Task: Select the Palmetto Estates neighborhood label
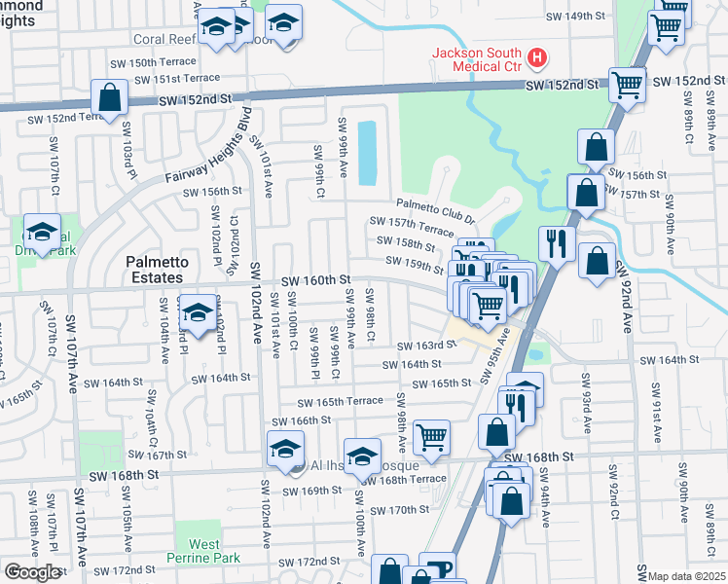pyautogui.click(x=155, y=270)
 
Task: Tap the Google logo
pyautogui.click(x=32, y=572)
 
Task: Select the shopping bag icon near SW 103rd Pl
pyautogui.click(x=109, y=98)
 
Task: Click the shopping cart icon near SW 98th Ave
pyautogui.click(x=430, y=436)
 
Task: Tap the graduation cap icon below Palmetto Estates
pyautogui.click(x=198, y=311)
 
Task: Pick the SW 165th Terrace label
pyautogui.click(x=340, y=402)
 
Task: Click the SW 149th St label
pyautogui.click(x=582, y=17)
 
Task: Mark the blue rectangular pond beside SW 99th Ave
pyautogui.click(x=367, y=152)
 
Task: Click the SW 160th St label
pyautogui.click(x=315, y=280)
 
